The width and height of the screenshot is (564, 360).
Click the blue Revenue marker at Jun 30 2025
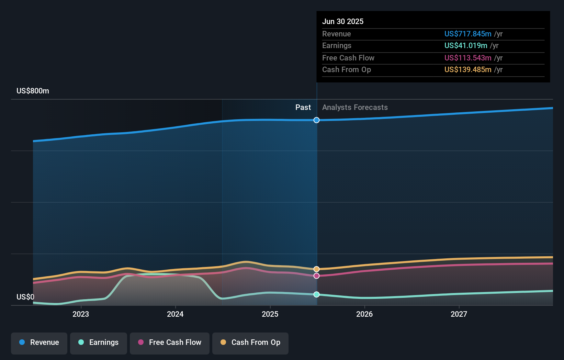tap(316, 120)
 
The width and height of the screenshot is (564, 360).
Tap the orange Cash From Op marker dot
tap(316, 269)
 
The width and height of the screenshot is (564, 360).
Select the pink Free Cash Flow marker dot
tap(316, 276)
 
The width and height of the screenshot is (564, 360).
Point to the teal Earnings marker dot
tap(316, 294)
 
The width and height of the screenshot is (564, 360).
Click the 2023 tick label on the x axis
tap(81, 314)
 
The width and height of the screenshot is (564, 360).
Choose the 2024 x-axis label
tap(175, 314)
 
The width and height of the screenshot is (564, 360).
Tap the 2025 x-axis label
tap(270, 314)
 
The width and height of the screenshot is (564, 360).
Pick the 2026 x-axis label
tap(364, 314)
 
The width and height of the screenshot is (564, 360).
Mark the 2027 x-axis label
tap(459, 314)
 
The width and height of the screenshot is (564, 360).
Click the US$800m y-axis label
tap(33, 91)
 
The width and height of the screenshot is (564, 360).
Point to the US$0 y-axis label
tap(25, 297)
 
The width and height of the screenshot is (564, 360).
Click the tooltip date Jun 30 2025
tap(343, 21)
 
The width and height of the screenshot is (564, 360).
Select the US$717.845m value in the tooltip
tap(468, 34)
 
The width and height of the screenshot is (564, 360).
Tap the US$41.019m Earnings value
tap(466, 46)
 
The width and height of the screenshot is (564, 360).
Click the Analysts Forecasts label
tap(355, 108)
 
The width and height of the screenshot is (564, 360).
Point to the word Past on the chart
tap(303, 108)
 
